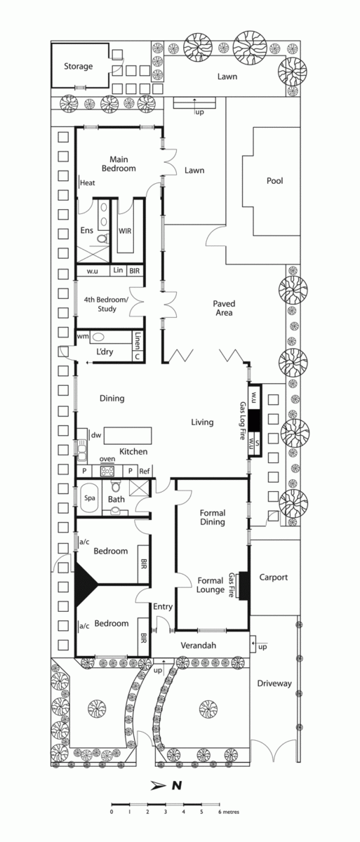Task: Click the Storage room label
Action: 78,67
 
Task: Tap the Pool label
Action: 274,181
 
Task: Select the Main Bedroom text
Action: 119,164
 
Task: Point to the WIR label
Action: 125,230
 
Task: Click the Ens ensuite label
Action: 87,230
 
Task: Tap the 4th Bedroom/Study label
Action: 107,304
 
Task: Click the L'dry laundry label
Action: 105,352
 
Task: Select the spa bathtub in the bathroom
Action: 89,498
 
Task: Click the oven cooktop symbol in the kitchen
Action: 107,471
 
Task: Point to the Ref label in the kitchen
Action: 145,471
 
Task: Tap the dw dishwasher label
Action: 96,435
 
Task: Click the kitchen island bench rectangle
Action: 128,436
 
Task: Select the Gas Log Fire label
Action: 242,420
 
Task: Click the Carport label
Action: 274,577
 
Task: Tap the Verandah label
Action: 199,646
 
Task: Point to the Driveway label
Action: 274,683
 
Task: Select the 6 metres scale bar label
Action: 229,812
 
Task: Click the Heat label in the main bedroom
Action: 88,183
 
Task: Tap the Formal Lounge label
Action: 211,585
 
